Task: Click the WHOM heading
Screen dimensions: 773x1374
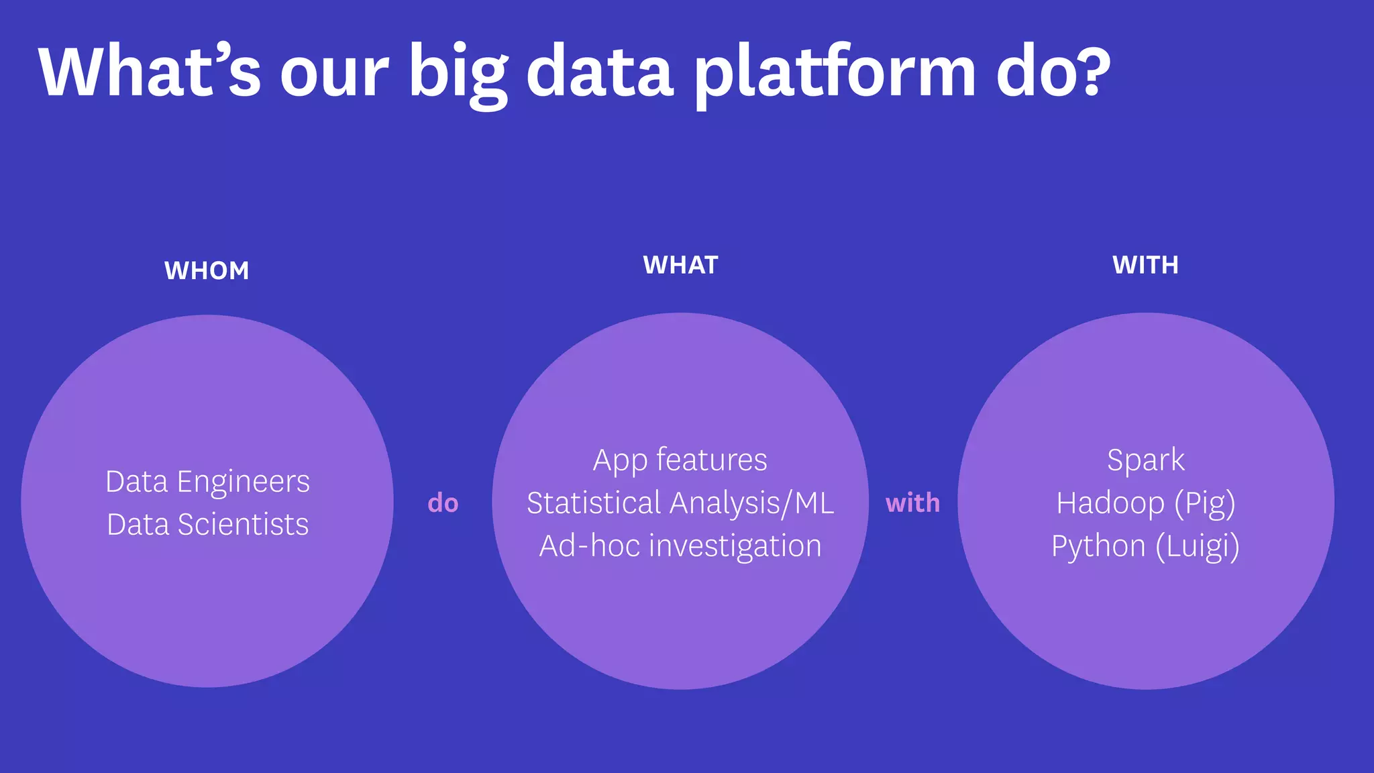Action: [x=207, y=270]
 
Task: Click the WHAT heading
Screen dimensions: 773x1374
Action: [x=680, y=265]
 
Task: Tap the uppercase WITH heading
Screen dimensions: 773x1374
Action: [x=1145, y=265]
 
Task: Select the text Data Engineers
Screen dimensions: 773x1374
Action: [x=208, y=482]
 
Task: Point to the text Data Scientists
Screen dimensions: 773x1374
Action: [x=208, y=525]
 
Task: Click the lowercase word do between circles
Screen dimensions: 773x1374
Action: [x=443, y=503]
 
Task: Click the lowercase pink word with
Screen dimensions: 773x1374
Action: [x=912, y=503]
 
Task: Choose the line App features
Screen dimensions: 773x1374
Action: [x=680, y=460]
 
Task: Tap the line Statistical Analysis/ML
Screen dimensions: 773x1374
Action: [x=680, y=503]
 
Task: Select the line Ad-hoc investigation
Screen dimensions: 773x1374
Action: [x=680, y=546]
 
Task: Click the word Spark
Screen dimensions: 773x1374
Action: [x=1145, y=460]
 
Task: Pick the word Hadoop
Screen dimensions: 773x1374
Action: [x=1110, y=503]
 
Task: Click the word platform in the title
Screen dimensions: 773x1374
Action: [x=835, y=74]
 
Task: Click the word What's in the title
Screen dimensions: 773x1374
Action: [x=149, y=70]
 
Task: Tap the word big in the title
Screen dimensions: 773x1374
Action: [x=458, y=74]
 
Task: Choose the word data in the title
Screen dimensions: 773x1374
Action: [x=600, y=70]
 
